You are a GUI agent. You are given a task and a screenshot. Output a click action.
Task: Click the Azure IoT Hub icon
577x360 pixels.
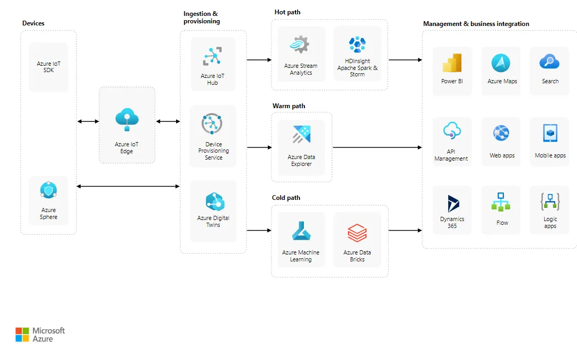click(213, 57)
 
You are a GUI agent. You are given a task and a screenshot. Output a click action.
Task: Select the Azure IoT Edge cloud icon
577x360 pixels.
click(127, 119)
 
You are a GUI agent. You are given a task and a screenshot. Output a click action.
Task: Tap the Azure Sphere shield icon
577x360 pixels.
click(48, 190)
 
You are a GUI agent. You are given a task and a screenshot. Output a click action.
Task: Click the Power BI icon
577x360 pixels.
click(452, 63)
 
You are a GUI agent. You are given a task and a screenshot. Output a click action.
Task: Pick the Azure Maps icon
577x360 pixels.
click(501, 63)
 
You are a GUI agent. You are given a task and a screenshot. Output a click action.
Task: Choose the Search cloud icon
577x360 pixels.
click(549, 62)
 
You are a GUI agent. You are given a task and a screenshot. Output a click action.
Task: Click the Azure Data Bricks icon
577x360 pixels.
click(357, 233)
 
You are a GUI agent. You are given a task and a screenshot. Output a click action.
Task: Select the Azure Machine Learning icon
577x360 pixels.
click(301, 232)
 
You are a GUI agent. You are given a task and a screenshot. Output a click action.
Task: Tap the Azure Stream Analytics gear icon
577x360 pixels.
click(300, 45)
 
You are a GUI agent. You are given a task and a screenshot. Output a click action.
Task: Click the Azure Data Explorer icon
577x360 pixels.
click(301, 135)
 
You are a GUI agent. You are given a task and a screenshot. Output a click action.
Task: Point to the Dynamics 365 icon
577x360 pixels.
click(452, 204)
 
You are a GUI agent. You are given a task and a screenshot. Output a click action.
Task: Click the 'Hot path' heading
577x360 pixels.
click(287, 12)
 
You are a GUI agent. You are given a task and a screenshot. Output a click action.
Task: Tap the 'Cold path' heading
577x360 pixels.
click(286, 198)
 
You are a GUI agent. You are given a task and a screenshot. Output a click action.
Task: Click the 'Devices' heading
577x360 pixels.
click(33, 23)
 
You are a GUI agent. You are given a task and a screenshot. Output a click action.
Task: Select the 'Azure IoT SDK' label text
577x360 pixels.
click(49, 67)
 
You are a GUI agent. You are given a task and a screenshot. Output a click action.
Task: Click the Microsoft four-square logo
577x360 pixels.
click(22, 335)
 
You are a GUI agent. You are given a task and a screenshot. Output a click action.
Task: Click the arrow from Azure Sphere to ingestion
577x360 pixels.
click(128, 186)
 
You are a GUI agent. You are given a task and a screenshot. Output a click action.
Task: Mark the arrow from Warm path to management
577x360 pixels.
click(377, 147)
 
